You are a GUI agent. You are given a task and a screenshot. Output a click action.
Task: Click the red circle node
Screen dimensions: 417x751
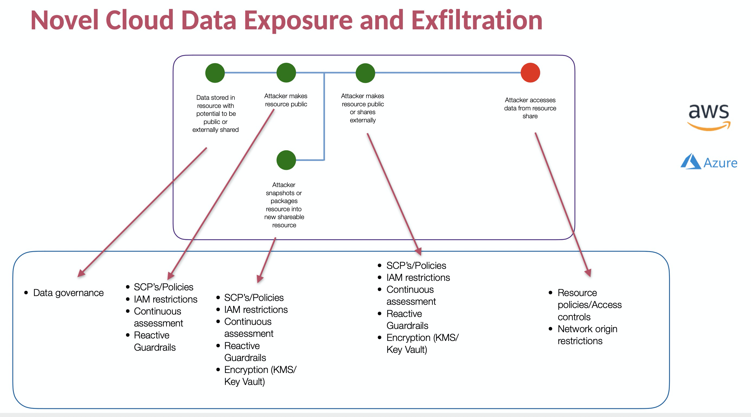click(x=530, y=73)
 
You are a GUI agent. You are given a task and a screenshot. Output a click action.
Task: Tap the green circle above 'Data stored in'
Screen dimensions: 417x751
click(x=215, y=73)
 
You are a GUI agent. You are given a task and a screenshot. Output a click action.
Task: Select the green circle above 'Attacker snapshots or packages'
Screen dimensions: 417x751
click(x=286, y=160)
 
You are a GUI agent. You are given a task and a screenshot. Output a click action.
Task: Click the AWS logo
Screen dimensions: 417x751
click(x=709, y=117)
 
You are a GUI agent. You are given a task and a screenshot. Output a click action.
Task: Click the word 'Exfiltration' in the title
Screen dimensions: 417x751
click(x=477, y=20)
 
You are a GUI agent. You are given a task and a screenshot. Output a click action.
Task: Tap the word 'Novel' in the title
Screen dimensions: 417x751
click(x=64, y=20)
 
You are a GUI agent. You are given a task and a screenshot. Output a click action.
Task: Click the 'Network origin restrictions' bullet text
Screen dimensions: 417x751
click(x=587, y=335)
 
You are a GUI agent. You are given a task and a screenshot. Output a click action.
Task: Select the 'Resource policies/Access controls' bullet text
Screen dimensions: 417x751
click(x=589, y=304)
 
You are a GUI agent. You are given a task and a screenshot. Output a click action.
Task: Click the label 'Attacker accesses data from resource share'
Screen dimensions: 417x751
click(x=530, y=108)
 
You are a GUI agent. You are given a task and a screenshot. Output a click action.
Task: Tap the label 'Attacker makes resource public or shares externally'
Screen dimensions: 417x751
click(x=363, y=108)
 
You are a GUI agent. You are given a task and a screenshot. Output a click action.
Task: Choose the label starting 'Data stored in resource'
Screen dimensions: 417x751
click(x=215, y=114)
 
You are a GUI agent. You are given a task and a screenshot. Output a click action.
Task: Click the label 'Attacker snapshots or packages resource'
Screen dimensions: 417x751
click(x=284, y=205)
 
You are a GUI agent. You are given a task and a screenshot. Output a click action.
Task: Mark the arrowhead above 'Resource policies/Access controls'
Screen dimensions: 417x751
click(x=588, y=273)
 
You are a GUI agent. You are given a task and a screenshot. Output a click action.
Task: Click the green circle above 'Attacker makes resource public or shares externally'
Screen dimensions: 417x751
click(x=365, y=73)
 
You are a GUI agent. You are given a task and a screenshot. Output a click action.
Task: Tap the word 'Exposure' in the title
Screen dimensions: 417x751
click(x=298, y=20)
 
